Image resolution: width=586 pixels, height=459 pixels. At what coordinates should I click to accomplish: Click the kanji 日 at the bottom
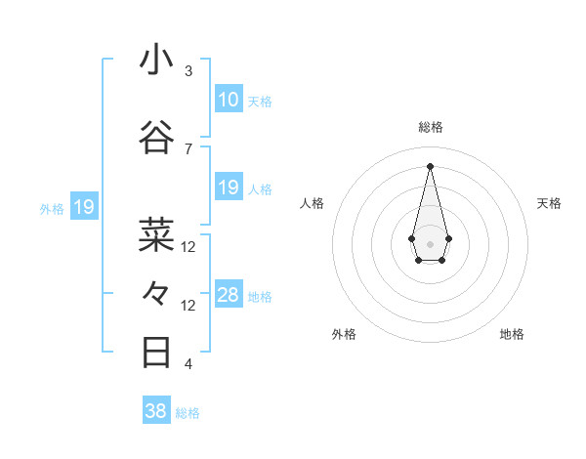tap(157, 352)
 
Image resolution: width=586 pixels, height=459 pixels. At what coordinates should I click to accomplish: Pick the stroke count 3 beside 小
tap(188, 71)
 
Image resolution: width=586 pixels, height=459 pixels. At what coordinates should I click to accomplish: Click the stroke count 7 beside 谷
tap(188, 148)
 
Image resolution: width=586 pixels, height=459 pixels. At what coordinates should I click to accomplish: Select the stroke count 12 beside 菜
tap(188, 246)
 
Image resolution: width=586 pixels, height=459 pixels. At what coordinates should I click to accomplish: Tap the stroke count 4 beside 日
tap(188, 363)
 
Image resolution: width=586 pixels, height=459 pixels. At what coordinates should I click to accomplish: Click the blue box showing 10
tap(229, 100)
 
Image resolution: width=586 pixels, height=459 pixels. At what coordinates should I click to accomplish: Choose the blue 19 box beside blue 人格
tap(229, 188)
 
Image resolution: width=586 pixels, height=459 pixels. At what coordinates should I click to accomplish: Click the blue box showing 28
tap(229, 295)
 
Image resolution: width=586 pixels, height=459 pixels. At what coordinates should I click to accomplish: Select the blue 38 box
tap(156, 411)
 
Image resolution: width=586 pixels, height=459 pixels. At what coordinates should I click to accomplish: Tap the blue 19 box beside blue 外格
tap(83, 207)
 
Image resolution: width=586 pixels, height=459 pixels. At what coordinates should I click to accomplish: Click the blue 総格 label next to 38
tap(188, 412)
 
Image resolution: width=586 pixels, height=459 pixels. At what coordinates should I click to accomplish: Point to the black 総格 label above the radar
tap(431, 127)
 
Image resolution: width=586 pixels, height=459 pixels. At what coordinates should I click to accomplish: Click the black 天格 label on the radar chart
tap(550, 203)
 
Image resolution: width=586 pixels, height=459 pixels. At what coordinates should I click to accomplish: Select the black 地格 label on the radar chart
tap(512, 334)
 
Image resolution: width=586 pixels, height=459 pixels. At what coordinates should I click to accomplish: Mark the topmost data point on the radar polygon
tap(430, 165)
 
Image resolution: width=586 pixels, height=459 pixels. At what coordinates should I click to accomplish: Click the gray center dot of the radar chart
tap(430, 242)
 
